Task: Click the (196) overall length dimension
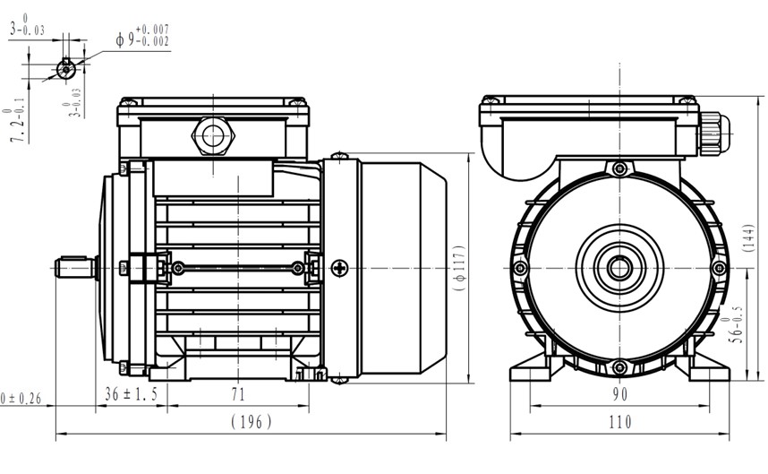pos(251,422)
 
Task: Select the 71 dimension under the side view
pos(238,394)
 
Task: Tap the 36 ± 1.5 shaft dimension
pos(132,394)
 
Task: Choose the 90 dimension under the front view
pos(619,394)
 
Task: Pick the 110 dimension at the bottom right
pos(619,422)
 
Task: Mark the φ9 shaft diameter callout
pos(142,38)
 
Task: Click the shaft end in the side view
pos(77,267)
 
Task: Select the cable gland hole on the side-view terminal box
pos(212,136)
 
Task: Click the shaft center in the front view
pos(619,267)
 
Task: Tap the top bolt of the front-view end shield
pos(619,168)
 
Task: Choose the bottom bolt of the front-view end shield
pos(619,366)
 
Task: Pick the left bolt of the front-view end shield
pos(520,267)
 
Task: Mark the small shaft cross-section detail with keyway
pos(64,67)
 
